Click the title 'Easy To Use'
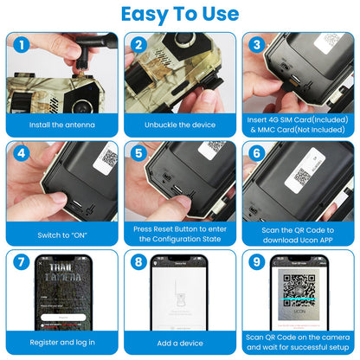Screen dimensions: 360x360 pyautogui.click(x=180, y=14)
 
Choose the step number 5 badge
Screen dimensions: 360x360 pyautogui.click(x=138, y=154)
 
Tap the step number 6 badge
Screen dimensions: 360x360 pyautogui.click(x=253, y=154)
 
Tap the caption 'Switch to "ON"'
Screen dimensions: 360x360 pyautogui.click(x=61, y=235)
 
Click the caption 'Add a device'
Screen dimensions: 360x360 pyautogui.click(x=179, y=344)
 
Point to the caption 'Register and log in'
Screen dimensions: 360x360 pyautogui.click(x=61, y=344)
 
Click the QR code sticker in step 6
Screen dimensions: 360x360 pyautogui.click(x=303, y=177)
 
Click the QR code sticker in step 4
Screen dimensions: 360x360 pyautogui.click(x=108, y=157)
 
